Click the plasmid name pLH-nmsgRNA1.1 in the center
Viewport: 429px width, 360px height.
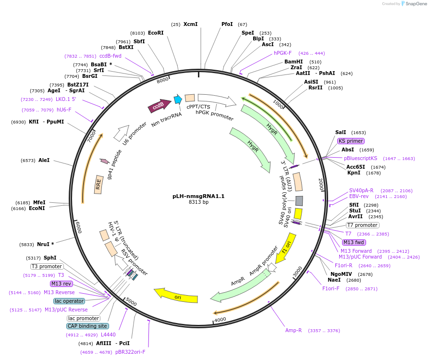198,196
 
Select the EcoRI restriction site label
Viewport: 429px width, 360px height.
156,33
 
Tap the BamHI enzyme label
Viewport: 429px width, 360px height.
294,62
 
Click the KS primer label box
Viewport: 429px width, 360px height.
351,141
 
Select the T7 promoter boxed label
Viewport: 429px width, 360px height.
362,225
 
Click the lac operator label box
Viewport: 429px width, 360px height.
69,301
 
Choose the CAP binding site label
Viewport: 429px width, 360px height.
87,326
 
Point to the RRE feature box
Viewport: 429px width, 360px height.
98,185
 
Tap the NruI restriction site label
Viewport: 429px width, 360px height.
46,244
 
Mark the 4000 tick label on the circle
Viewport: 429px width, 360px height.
220,319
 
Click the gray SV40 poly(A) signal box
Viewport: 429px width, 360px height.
299,200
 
